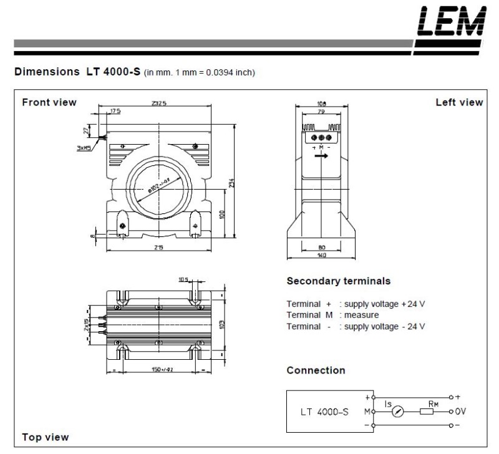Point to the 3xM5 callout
click(x=84, y=148)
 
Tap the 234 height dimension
click(x=231, y=180)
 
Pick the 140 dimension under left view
click(x=321, y=255)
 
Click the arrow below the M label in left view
click(x=321, y=157)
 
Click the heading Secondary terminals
click(x=339, y=281)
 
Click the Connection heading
click(x=316, y=370)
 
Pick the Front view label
click(x=49, y=102)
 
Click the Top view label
click(x=46, y=437)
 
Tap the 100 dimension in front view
click(x=223, y=214)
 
